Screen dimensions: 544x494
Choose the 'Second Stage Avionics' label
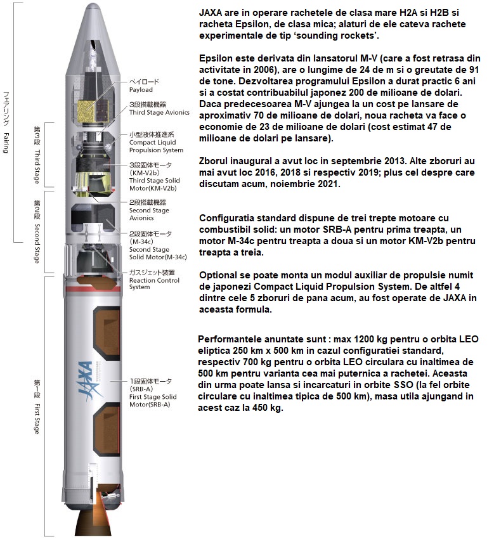point(149,206)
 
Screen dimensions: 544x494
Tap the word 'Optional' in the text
point(219,276)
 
